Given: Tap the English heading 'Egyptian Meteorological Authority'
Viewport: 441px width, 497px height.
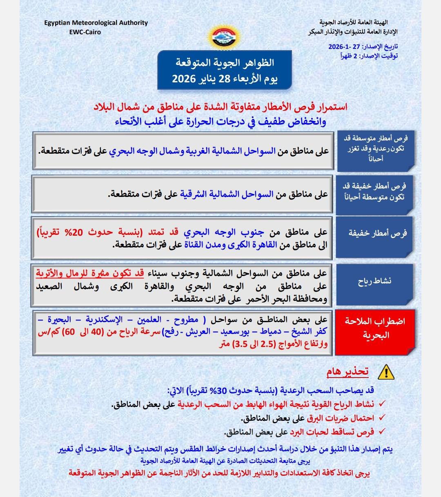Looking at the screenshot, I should coord(96,23).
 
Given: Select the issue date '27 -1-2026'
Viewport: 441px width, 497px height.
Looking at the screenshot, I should coord(345,47).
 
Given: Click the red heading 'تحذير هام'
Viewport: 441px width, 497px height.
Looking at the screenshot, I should coord(347,371).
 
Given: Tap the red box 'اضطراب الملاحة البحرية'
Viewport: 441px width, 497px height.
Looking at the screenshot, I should coord(375,328).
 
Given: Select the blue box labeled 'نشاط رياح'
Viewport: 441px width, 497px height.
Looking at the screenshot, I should coord(375,281).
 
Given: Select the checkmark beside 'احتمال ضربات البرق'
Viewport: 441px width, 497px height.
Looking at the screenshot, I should coord(382,418).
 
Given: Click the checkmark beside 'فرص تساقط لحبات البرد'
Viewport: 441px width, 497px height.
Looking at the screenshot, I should coord(382,431).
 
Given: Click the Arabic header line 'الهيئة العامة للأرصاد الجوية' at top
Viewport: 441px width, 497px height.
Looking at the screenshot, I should coord(354,23).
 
